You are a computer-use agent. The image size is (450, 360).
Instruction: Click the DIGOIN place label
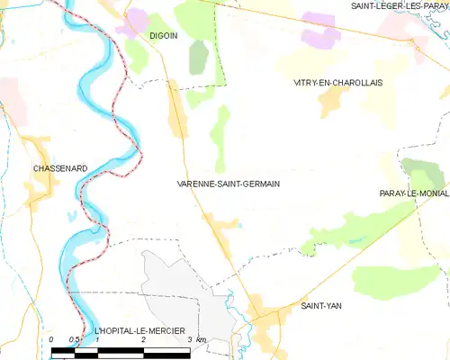coord(163,36)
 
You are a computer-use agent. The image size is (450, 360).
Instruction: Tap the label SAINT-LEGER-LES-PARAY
coord(399,6)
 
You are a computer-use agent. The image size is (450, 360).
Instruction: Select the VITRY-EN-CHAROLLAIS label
coord(338,82)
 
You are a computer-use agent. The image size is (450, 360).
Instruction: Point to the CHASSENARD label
coord(60,168)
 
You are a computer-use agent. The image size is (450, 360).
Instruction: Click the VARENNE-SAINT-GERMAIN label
coord(229,184)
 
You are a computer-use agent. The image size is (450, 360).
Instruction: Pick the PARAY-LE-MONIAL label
coord(415,193)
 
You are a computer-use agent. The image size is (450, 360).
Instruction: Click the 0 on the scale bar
coord(52,339)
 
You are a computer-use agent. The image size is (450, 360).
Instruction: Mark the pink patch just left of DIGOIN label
coord(137,21)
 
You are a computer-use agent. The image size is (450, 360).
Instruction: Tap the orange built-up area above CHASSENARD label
coord(38,148)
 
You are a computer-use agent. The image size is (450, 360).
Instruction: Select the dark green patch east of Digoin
coord(197,57)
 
